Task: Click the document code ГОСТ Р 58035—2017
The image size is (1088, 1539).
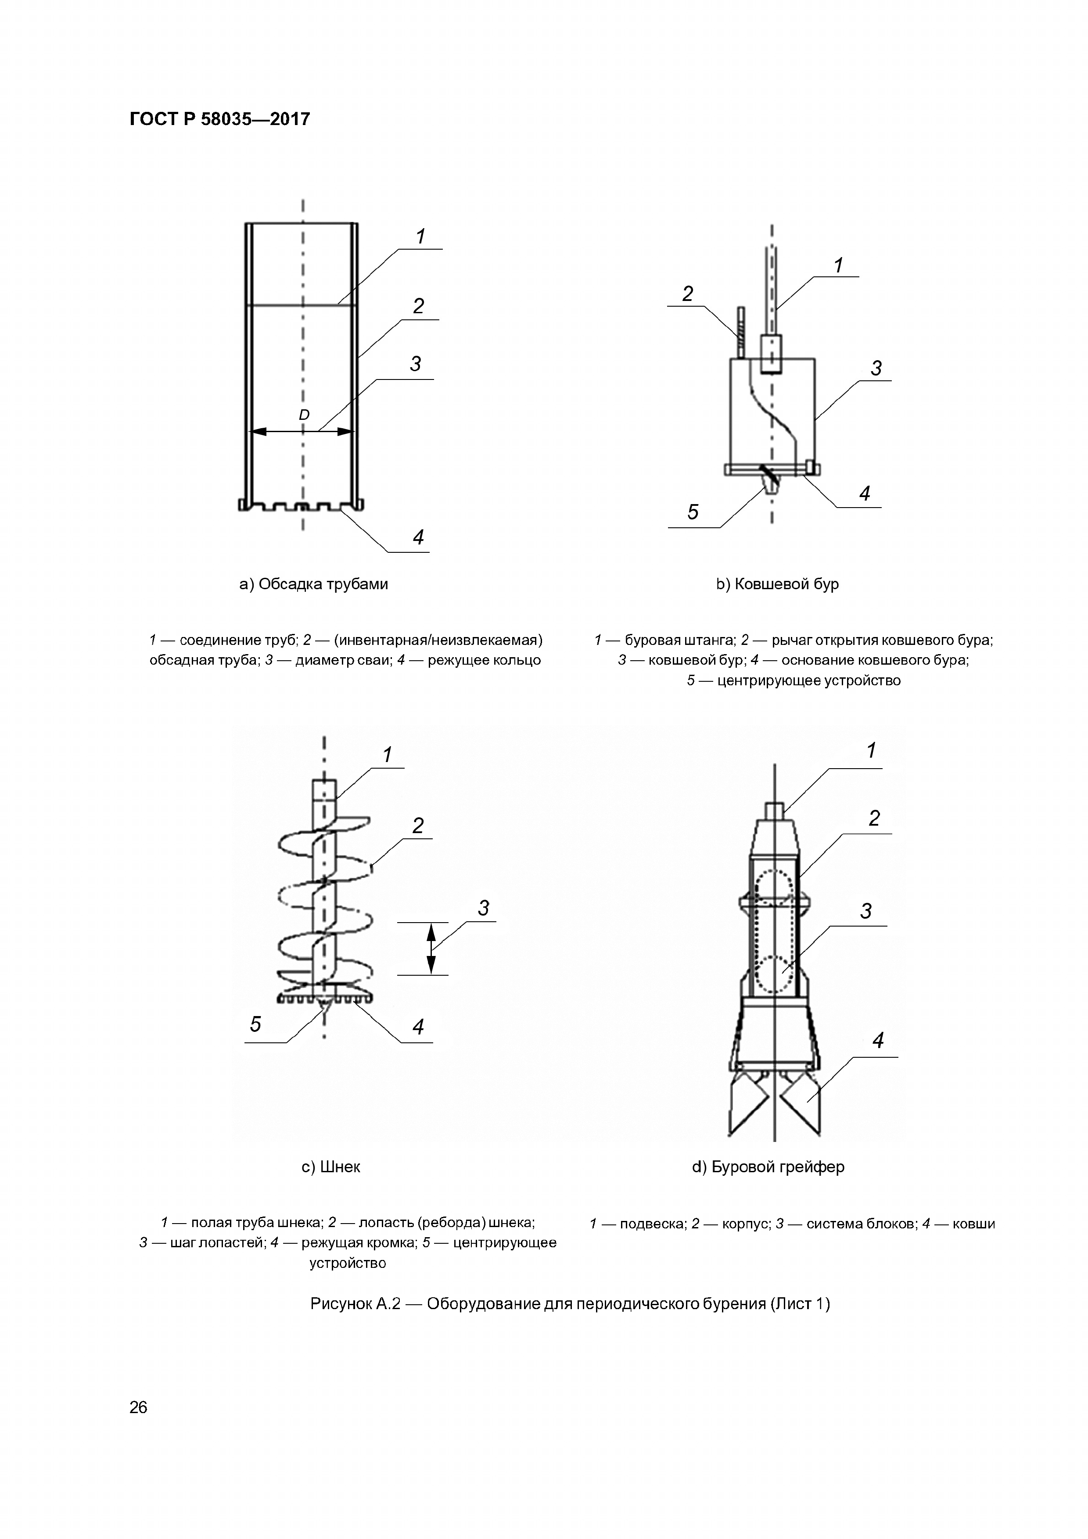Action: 219,119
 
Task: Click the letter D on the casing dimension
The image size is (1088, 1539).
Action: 304,415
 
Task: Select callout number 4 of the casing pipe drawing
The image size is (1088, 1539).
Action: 418,537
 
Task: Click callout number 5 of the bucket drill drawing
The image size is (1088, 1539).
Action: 693,512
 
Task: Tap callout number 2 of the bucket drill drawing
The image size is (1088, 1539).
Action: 687,293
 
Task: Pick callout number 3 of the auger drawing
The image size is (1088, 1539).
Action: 483,908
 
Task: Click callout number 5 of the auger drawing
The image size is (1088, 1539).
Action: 255,1024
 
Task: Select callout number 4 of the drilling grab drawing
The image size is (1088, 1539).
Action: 877,1040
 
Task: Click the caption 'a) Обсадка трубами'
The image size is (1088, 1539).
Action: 314,584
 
